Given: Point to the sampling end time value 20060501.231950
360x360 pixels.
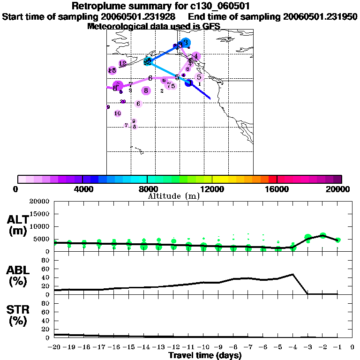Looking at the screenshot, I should [x=320, y=16].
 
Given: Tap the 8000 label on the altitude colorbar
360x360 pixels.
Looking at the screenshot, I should [x=147, y=189].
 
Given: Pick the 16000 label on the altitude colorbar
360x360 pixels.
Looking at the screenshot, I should [x=277, y=189].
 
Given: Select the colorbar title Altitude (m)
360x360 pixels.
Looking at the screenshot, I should [x=173, y=196].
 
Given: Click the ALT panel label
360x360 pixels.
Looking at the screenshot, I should [x=19, y=220].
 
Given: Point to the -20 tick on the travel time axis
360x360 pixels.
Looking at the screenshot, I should [x=54, y=347].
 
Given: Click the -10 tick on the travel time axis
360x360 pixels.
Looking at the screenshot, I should [x=203, y=347].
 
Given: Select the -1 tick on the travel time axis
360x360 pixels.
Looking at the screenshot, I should [x=337, y=347].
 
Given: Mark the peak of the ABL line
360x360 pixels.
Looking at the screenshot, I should [x=292, y=274].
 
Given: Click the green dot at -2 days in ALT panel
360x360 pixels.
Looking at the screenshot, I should [x=322, y=236].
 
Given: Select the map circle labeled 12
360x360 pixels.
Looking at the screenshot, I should [x=122, y=63].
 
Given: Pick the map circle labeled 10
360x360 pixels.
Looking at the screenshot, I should [x=118, y=113].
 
